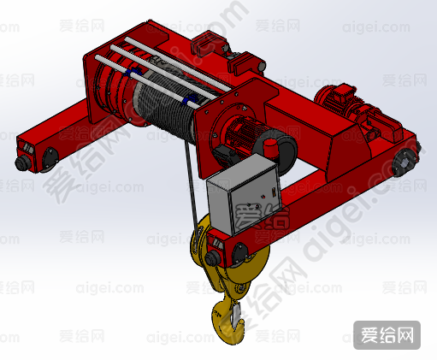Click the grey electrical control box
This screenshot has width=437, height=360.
pos(244,194)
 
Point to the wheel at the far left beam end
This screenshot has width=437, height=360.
pos(50,160)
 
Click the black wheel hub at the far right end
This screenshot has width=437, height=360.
pos(405,162)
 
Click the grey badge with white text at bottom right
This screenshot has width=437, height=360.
pos(387,335)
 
